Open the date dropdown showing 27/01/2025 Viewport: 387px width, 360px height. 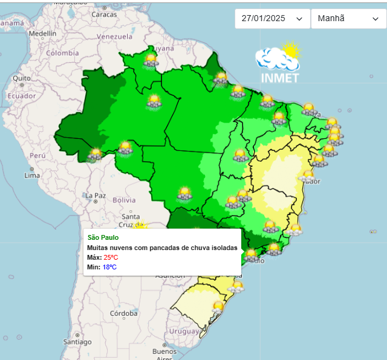click(272, 19)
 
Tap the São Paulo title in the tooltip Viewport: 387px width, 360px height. click(103, 238)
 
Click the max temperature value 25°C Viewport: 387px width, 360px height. click(111, 257)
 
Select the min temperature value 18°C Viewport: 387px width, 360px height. click(109, 267)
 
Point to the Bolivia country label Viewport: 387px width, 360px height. click(124, 200)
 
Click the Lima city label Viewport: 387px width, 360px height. click(32, 175)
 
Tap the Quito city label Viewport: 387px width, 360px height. click(22, 78)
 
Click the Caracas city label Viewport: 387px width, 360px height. click(104, 14)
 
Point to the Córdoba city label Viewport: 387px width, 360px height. click(123, 313)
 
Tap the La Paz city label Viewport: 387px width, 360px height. click(96, 196)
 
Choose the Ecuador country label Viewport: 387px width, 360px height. click(22, 95)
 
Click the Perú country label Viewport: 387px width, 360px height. click(38, 155)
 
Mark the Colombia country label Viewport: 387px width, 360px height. click(63, 53)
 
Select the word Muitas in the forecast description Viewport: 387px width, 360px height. click(98, 248)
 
